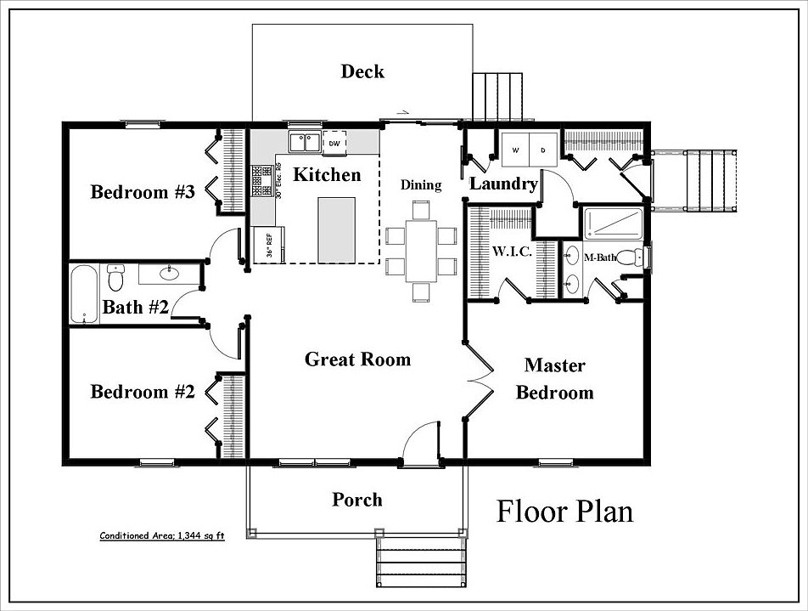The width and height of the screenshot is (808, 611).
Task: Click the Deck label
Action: point(362,71)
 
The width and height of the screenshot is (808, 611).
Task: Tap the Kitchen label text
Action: point(327,175)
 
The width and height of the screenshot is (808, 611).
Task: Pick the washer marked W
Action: point(514,150)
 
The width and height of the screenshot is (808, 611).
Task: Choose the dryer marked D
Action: point(542,150)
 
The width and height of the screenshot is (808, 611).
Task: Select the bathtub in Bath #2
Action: point(84,293)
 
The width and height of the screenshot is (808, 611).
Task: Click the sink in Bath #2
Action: point(169,273)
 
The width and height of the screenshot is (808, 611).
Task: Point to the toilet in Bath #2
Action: point(116,276)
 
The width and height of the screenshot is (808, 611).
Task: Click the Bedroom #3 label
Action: point(143,192)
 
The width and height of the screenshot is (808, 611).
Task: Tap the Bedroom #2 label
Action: point(143,392)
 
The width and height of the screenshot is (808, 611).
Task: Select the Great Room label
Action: point(357,359)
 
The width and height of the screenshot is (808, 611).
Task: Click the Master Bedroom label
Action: point(554,379)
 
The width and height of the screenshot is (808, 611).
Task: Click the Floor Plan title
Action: point(564,512)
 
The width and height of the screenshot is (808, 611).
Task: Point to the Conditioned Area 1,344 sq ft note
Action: point(162,536)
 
